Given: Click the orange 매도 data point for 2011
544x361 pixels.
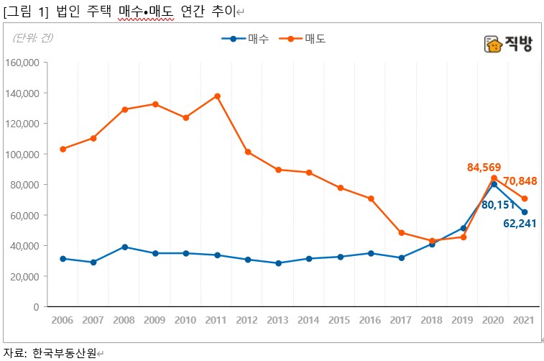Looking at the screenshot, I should pyautogui.click(x=217, y=96).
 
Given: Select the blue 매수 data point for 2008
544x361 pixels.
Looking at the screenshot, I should pyautogui.click(x=124, y=247).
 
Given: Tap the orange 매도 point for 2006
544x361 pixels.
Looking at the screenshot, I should pyautogui.click(x=63, y=149).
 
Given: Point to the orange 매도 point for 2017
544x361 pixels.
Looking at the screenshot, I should pyautogui.click(x=402, y=233).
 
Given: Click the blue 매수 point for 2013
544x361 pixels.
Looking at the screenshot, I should pyautogui.click(x=278, y=263).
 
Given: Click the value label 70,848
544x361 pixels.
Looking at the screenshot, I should pyautogui.click(x=520, y=180).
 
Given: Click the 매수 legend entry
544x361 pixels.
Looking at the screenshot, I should pyautogui.click(x=245, y=39).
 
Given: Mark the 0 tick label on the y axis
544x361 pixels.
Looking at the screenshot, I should pyautogui.click(x=35, y=307).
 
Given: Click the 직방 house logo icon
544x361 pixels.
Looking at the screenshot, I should pyautogui.click(x=494, y=45).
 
